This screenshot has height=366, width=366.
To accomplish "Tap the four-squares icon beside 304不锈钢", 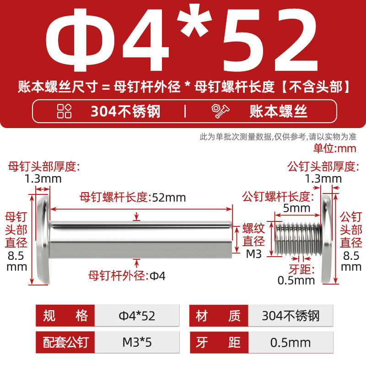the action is [64, 111].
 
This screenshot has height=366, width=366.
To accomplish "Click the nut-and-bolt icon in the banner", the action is [220, 111].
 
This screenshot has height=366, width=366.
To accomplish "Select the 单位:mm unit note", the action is [335, 148].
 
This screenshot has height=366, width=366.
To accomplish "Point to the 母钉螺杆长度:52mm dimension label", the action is [133, 197].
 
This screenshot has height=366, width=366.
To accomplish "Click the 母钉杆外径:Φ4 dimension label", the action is [127, 276].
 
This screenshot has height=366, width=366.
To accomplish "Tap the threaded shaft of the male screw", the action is [298, 239].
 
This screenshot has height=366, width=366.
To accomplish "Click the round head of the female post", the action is [43, 239].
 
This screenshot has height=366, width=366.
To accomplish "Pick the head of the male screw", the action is [326, 239].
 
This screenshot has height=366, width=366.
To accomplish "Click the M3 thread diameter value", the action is [254, 254].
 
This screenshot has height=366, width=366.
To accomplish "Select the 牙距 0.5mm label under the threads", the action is [296, 275].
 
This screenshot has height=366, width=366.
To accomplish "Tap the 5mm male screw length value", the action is [296, 208].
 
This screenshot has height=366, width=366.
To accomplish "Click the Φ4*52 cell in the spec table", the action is [137, 316].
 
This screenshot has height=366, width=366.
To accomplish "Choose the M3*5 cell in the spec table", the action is [137, 342].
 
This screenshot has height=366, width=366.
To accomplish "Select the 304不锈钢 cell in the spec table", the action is [291, 316].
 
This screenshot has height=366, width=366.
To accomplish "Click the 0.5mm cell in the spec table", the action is [291, 342].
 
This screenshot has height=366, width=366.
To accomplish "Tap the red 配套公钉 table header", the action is [65, 342].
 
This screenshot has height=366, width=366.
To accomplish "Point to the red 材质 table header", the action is [219, 316].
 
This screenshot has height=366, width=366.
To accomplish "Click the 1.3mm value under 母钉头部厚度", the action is [43, 179].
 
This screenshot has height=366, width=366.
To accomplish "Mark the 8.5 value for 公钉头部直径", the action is [351, 256].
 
